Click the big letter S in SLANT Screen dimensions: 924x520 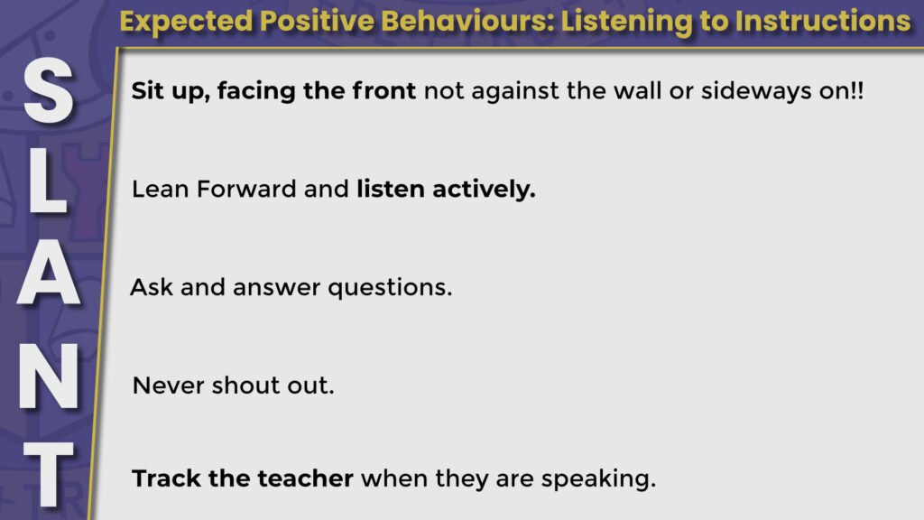point(49,90)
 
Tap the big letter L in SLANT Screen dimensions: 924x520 point(47,181)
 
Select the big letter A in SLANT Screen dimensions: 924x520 point(49,272)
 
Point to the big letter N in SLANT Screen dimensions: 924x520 point(49,376)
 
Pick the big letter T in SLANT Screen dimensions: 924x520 point(49,474)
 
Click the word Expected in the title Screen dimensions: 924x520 point(186,23)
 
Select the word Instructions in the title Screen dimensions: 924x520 point(823,22)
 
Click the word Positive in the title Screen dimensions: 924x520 point(317,22)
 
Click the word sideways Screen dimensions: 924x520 point(756,92)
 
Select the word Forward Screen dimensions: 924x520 point(246,190)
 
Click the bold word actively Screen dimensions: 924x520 point(484,190)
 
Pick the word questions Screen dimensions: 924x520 point(390,288)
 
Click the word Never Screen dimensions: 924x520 point(169,385)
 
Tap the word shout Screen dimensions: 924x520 point(245,385)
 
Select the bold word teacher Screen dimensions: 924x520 point(305,478)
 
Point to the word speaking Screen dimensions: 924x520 point(598,479)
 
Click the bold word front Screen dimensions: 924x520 point(383,91)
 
